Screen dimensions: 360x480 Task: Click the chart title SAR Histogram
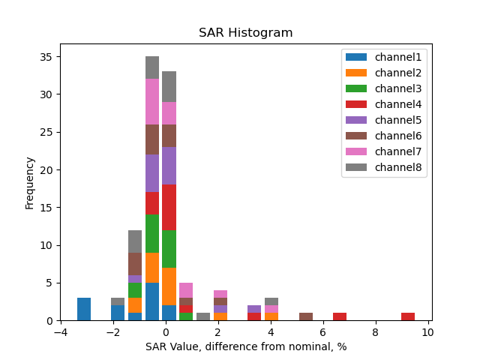(x=245, y=33)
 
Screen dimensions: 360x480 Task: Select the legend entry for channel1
(x=395, y=56)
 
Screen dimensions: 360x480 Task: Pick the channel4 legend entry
(x=395, y=103)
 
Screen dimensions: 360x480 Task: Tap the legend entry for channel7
(x=395, y=151)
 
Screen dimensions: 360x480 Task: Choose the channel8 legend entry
(x=395, y=166)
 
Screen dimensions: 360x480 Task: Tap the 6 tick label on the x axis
(x=323, y=332)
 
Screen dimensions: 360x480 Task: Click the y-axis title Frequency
(x=30, y=182)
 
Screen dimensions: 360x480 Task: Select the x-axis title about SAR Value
(x=245, y=347)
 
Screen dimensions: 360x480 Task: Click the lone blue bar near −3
(x=84, y=309)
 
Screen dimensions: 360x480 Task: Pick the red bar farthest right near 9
(x=408, y=316)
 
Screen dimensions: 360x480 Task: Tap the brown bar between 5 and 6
(x=306, y=316)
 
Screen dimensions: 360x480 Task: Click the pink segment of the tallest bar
(x=152, y=101)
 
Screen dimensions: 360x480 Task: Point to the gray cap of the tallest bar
(x=152, y=67)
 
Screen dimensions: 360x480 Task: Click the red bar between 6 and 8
(x=340, y=316)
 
